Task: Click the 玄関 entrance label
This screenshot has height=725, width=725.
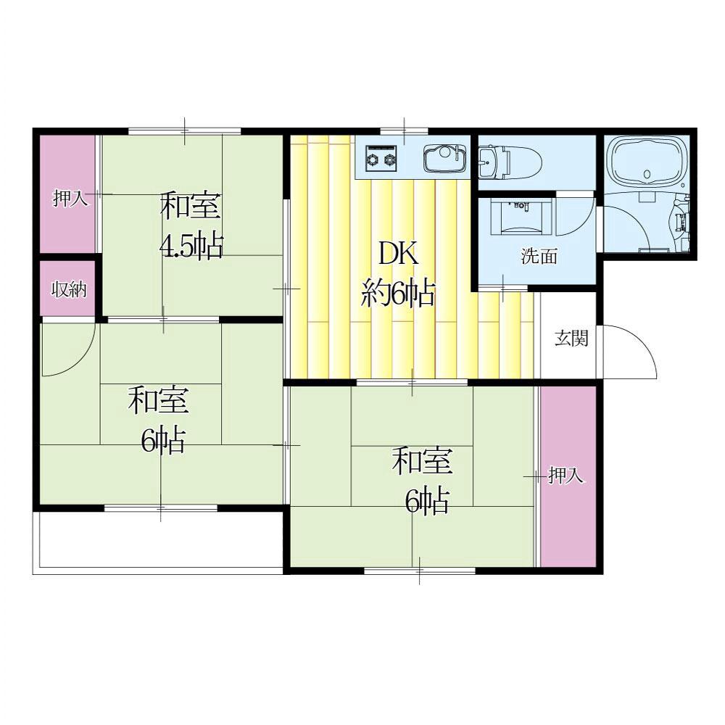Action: [571, 339]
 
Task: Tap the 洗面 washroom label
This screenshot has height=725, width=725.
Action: [539, 256]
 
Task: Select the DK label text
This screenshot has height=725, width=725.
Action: [399, 254]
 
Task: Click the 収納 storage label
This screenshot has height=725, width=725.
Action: [69, 290]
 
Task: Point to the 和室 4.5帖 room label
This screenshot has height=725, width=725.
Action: [191, 226]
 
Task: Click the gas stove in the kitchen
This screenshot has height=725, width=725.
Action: [381, 156]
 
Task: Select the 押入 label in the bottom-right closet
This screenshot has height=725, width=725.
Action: [565, 476]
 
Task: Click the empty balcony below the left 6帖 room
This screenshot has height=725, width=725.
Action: [161, 539]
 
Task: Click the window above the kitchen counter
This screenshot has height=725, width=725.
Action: [404, 131]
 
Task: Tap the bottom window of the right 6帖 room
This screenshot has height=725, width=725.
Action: [420, 571]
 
